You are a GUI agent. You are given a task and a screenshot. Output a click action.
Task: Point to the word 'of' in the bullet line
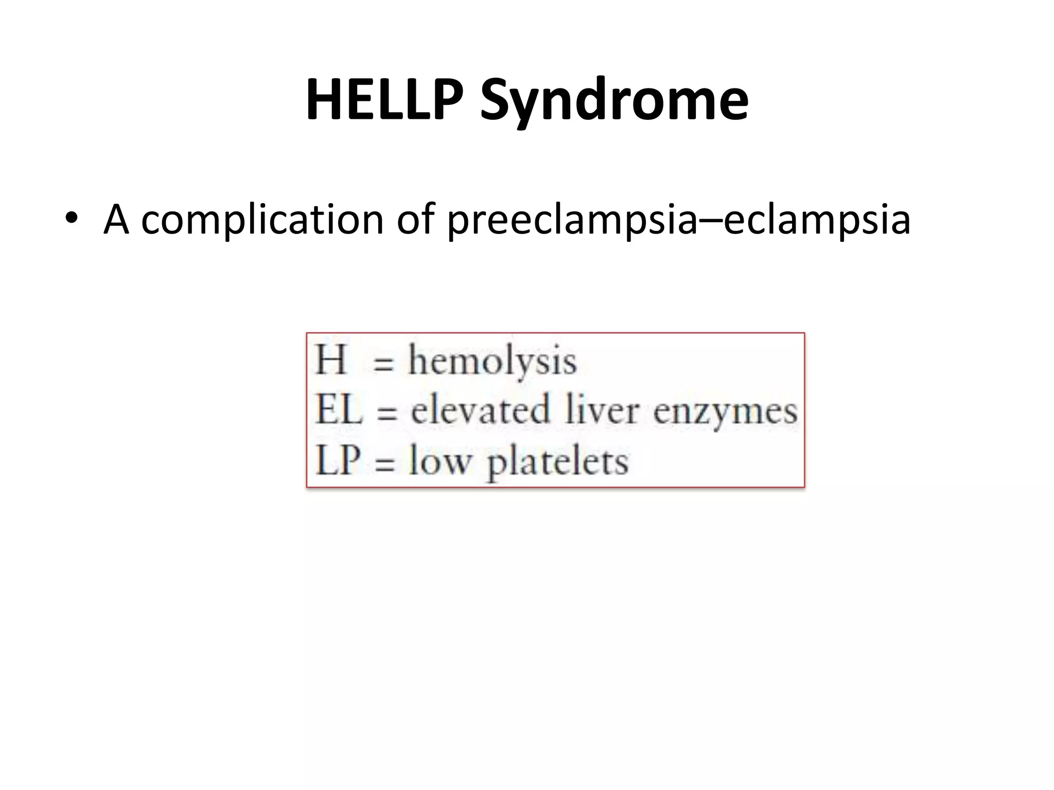point(415,219)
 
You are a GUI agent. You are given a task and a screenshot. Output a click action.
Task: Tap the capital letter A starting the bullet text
point(116,219)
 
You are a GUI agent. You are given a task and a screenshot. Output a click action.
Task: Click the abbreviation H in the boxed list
point(330,360)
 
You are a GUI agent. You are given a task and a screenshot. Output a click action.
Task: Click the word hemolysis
point(492,362)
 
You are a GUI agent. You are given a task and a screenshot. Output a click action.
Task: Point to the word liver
point(602,410)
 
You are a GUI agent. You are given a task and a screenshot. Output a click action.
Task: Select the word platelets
point(557,462)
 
